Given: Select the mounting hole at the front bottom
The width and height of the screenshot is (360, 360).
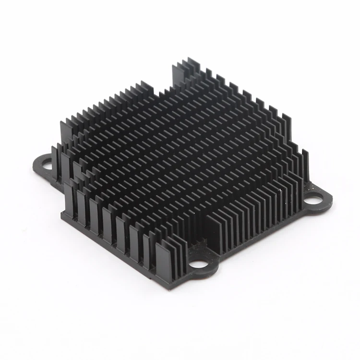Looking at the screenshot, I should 197,264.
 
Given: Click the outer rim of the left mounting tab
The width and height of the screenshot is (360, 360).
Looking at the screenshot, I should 36,166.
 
